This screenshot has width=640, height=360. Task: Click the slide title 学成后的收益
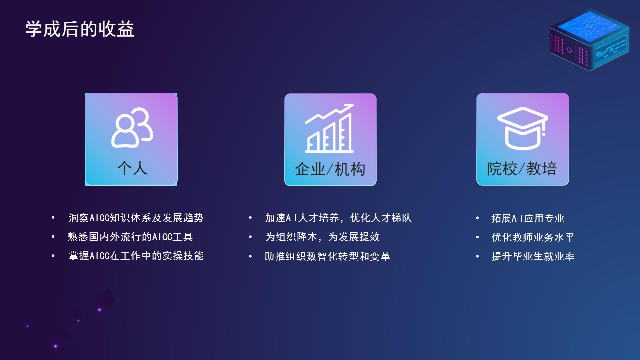[80, 29]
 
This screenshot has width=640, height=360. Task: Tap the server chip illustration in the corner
[589, 40]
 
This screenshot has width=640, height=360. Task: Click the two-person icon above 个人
[132, 127]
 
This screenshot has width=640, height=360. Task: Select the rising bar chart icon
[329, 128]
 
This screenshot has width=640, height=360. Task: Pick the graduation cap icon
[523, 128]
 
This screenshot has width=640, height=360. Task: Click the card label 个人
[132, 168]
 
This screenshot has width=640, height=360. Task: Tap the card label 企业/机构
[330, 169]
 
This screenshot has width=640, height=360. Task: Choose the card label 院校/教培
[522, 169]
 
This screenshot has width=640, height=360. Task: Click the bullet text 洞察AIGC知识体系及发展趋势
[136, 218]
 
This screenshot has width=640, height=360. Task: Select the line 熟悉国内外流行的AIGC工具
[130, 237]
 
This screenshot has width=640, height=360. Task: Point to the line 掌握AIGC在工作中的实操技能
[136, 256]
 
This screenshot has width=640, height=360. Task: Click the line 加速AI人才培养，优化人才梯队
[338, 218]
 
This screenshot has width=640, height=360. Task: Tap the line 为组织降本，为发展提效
[323, 237]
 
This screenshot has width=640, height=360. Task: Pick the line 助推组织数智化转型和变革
[327, 256]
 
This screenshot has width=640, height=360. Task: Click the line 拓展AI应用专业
[528, 218]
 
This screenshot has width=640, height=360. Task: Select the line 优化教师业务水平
[533, 237]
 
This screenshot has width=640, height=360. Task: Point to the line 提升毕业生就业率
[533, 256]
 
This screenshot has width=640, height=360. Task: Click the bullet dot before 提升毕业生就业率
[477, 256]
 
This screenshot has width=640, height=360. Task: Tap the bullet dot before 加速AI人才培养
[250, 218]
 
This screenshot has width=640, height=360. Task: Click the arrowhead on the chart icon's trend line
[349, 107]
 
